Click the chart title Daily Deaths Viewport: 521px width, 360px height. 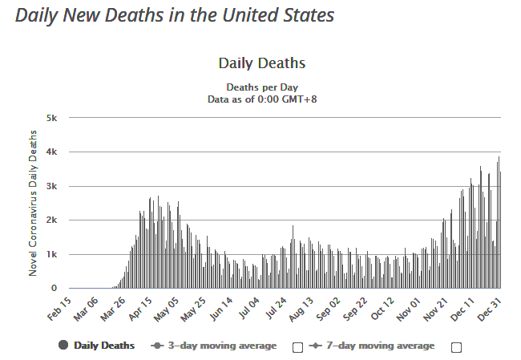point(261,63)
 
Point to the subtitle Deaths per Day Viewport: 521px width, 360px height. point(262,87)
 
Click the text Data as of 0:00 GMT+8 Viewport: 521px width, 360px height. point(262,99)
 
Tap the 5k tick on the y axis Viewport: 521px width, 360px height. point(50,118)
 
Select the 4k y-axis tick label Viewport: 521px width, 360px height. point(50,152)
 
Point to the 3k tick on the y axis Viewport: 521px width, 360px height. point(50,186)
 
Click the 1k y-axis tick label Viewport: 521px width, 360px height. point(50,254)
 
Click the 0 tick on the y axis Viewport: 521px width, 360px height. point(54,288)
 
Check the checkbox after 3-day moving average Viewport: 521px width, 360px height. point(297,346)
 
